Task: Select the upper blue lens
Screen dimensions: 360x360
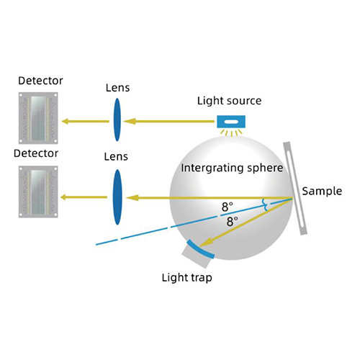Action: click(x=114, y=121)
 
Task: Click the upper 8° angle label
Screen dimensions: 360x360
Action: click(x=228, y=207)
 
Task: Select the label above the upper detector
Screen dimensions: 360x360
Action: click(x=41, y=80)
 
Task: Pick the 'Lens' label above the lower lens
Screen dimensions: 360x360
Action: click(x=116, y=155)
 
